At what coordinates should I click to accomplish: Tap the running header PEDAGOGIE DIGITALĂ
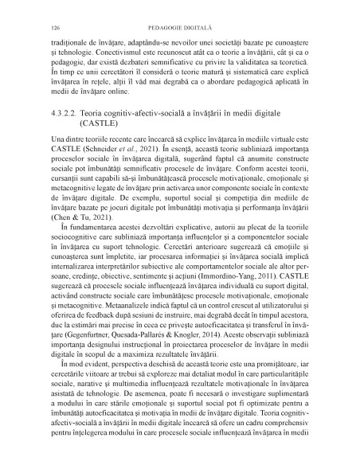pyautogui.click(x=180, y=16)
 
